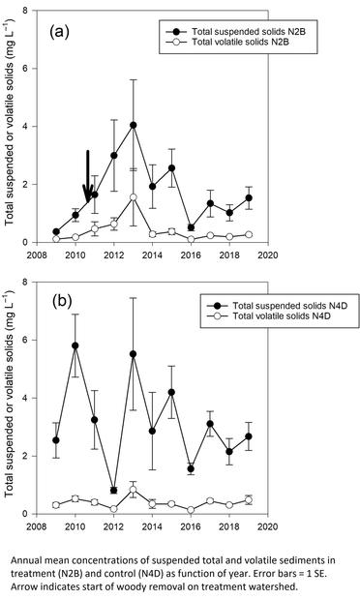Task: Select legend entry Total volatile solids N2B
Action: click(242, 31)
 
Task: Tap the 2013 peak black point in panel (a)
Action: click(133, 125)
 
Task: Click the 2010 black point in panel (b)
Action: click(75, 345)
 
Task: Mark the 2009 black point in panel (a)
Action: click(56, 232)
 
